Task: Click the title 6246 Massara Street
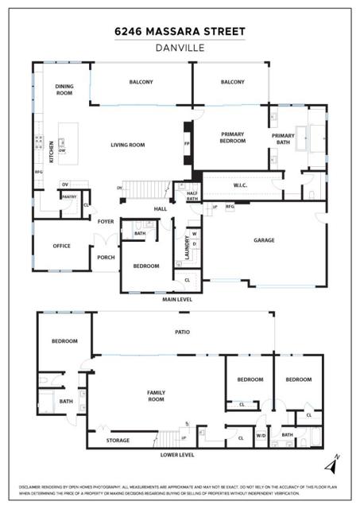click(180, 32)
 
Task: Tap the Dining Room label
click(65, 89)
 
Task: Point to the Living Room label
click(127, 145)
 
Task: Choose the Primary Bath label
click(283, 138)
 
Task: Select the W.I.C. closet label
click(242, 186)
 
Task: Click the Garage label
click(264, 239)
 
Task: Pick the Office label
click(61, 246)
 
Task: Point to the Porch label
click(106, 257)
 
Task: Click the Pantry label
click(69, 196)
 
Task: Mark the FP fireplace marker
click(187, 145)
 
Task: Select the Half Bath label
click(192, 196)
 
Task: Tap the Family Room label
click(155, 395)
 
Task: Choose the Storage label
click(118, 439)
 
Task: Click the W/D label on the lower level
click(261, 435)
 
